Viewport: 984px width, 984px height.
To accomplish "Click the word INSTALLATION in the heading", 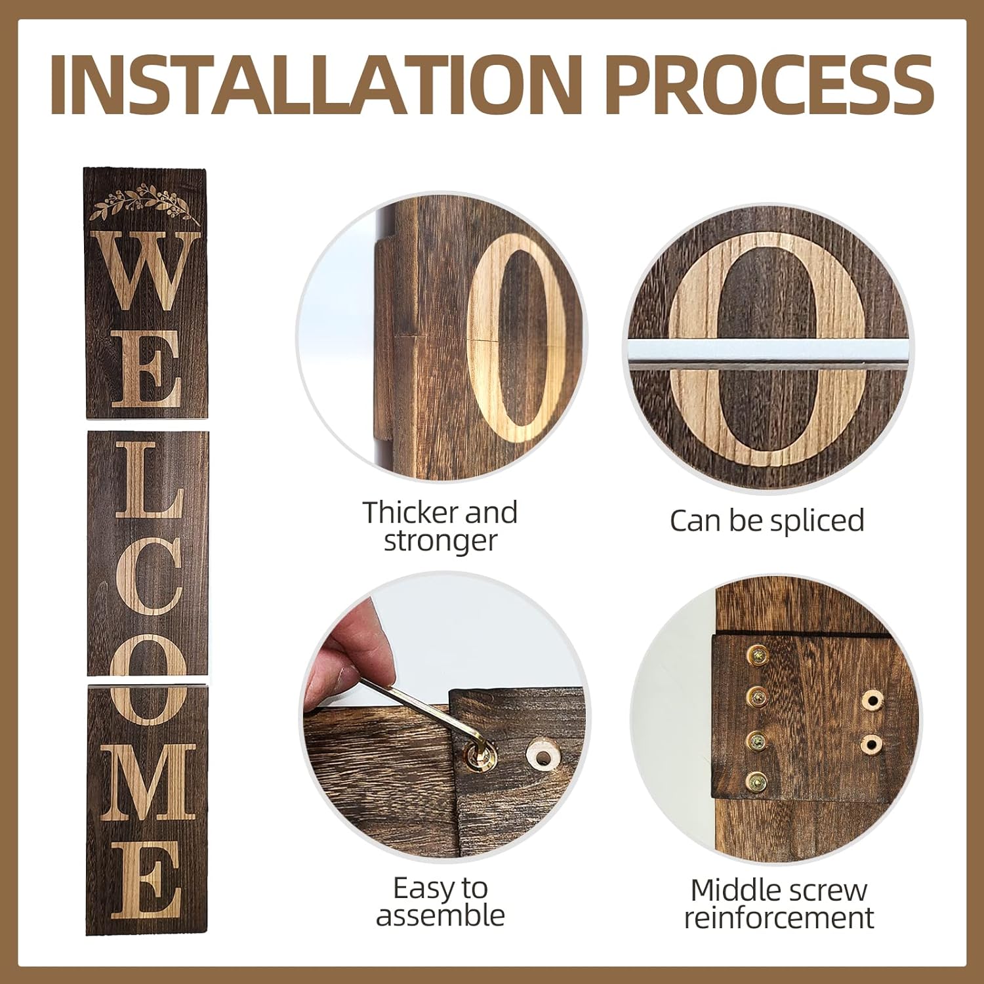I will click(315, 86).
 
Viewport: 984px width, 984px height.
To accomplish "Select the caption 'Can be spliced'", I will click(767, 521).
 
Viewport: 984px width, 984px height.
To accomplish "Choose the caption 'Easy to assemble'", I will click(440, 901).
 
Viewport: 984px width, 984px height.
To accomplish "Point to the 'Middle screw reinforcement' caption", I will click(779, 903).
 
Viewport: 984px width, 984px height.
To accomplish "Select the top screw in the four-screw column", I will click(758, 655).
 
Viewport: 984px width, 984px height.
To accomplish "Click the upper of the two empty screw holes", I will click(872, 701).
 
